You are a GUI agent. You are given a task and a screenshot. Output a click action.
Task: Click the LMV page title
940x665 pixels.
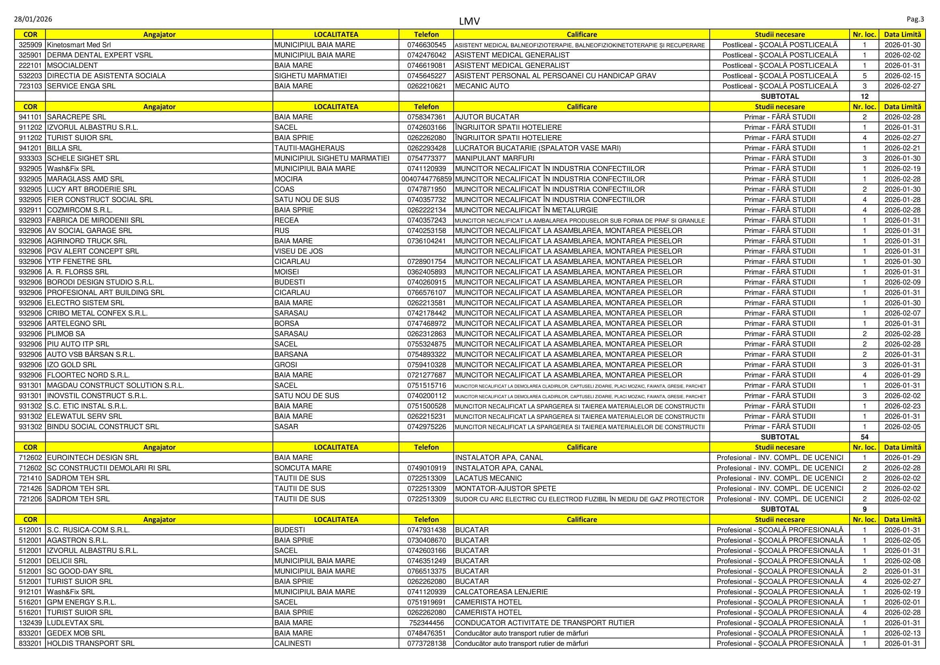coord(469,21)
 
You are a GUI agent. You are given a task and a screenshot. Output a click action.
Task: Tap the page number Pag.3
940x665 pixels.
coord(915,19)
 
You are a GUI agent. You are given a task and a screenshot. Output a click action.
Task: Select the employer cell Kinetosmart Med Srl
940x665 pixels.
coord(79,45)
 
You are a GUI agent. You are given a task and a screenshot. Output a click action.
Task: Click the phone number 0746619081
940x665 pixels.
coord(426,66)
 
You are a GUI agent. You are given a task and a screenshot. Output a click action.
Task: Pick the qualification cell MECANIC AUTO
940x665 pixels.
coord(482,86)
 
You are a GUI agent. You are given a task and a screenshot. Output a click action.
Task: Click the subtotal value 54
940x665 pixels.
coord(864,437)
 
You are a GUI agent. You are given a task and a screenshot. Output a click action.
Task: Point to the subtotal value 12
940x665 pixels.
coord(864,96)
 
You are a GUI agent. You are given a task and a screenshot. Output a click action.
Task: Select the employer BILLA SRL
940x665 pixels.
coord(64,148)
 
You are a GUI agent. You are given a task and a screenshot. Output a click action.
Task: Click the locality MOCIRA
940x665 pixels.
coord(288,179)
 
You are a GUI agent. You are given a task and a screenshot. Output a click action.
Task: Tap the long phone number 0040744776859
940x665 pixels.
coord(426,179)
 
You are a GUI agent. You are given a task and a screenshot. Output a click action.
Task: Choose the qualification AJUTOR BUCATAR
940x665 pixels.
coord(487,117)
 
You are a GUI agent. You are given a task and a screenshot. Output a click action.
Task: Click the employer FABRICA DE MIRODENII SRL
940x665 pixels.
coord(95,220)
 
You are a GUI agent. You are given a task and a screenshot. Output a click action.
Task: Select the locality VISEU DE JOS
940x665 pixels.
coord(299,251)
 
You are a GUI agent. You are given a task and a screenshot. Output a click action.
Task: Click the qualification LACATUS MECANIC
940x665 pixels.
coord(488,478)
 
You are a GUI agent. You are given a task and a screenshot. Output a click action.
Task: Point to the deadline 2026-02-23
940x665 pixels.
coord(902,406)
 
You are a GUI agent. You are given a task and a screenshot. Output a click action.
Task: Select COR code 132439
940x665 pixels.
coord(30,623)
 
